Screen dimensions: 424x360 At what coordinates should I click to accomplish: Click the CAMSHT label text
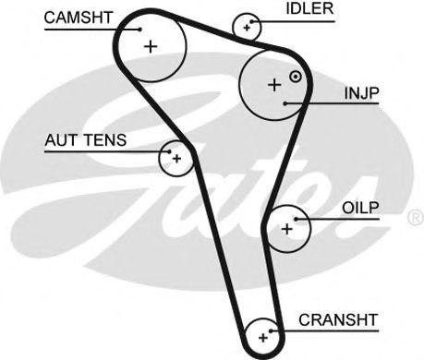point(78,18)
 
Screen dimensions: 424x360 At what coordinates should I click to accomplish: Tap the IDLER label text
point(309,8)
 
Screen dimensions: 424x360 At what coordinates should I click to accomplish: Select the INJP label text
point(361,93)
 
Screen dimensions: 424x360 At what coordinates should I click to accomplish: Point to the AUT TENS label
point(86,140)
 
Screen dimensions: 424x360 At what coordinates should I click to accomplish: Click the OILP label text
point(360,208)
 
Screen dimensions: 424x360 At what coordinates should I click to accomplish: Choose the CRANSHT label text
point(338,320)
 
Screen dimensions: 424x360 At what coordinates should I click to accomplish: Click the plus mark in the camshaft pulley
point(151,47)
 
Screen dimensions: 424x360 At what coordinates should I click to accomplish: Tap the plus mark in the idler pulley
point(247,28)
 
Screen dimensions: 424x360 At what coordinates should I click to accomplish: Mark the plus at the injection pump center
point(274,85)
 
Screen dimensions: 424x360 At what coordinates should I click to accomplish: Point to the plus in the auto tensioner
point(176,159)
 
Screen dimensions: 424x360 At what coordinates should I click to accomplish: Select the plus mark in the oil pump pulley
point(287,229)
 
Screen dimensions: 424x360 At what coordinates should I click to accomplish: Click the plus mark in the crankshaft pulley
point(263,338)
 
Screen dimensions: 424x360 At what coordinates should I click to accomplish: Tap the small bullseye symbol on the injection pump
point(296,77)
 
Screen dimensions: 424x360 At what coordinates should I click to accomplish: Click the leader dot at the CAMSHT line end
point(139,30)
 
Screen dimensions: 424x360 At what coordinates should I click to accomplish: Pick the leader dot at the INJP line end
point(285,103)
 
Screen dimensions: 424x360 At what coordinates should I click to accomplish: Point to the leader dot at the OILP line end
point(296,219)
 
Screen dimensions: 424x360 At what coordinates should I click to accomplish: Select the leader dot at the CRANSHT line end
point(271,331)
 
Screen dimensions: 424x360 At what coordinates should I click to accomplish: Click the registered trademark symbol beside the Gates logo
point(417,217)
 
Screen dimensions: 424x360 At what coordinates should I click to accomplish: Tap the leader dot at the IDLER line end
point(252,21)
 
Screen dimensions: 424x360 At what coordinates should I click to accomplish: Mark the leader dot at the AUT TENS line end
point(169,151)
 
